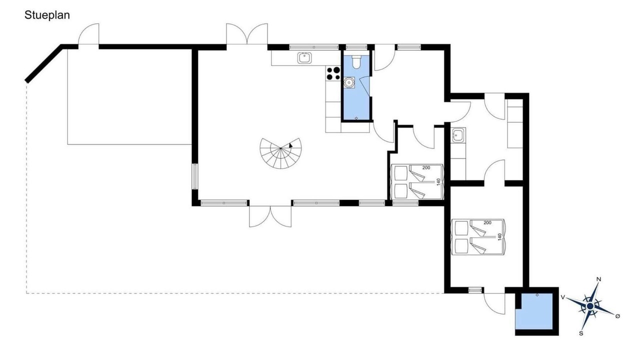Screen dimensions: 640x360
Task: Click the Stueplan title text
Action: (47, 15)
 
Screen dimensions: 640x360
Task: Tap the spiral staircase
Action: (280, 153)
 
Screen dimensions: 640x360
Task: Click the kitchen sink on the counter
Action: (304, 58)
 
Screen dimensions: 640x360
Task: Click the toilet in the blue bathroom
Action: (356, 62)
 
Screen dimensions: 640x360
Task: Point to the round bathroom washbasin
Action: (349, 82)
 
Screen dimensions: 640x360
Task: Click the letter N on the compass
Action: (599, 279)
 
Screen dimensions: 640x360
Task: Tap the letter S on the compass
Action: (581, 333)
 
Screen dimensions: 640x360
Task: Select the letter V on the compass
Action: (562, 297)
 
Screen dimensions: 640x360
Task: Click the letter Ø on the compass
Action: (617, 316)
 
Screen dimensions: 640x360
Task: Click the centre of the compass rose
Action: (590, 306)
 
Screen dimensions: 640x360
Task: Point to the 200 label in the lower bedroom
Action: (487, 222)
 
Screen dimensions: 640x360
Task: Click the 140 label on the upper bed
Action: (438, 182)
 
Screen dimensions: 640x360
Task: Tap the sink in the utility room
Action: (458, 135)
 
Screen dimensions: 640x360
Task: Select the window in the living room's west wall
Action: (195, 176)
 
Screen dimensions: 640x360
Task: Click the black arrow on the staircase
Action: (290, 145)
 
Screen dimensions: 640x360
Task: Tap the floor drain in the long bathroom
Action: (356, 118)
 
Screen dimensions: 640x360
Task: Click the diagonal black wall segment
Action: (44, 63)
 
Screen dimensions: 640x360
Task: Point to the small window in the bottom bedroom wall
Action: (475, 290)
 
